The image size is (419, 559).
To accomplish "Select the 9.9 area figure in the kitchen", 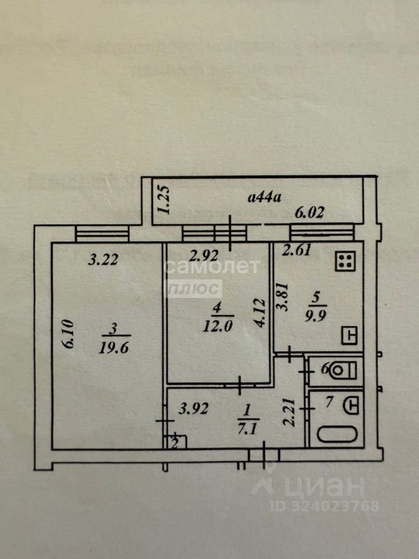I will click(x=317, y=315).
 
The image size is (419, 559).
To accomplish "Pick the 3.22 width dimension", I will click(x=103, y=260).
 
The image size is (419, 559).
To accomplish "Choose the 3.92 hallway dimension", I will click(x=193, y=409).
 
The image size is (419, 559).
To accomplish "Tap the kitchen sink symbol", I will click(x=349, y=335).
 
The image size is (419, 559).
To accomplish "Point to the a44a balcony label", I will click(x=265, y=197).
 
